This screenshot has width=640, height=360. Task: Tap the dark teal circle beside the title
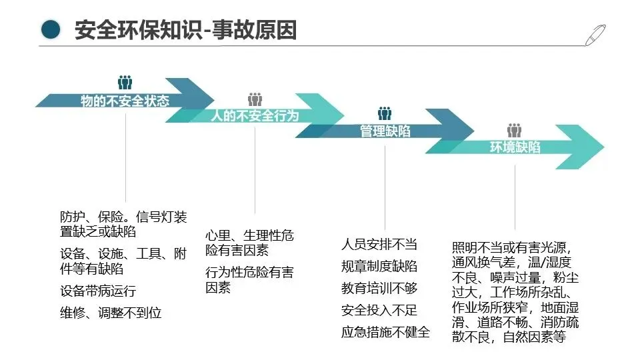tap(50, 29)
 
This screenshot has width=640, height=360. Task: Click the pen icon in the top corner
tap(595, 33)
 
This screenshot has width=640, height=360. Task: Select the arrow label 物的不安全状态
tap(125, 101)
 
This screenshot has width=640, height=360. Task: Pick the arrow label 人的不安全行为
tap(255, 116)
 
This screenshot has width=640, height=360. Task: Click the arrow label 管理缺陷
tap(385, 131)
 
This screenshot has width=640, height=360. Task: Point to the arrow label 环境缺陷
tap(515, 147)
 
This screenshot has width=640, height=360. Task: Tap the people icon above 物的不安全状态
tap(125, 83)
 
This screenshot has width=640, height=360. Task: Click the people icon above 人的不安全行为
tap(255, 99)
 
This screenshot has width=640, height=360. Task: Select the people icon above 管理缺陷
tap(385, 114)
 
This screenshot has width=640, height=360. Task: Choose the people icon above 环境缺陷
tap(514, 130)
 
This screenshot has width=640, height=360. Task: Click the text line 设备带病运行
tap(98, 291)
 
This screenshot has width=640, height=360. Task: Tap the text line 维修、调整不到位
tap(111, 312)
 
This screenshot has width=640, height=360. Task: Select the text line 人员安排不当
tap(379, 244)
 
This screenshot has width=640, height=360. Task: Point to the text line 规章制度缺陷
tap(379, 266)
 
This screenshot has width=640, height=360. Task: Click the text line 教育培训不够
tap(379, 288)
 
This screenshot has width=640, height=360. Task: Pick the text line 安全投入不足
tap(379, 310)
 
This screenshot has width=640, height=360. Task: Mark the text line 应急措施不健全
tap(385, 332)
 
